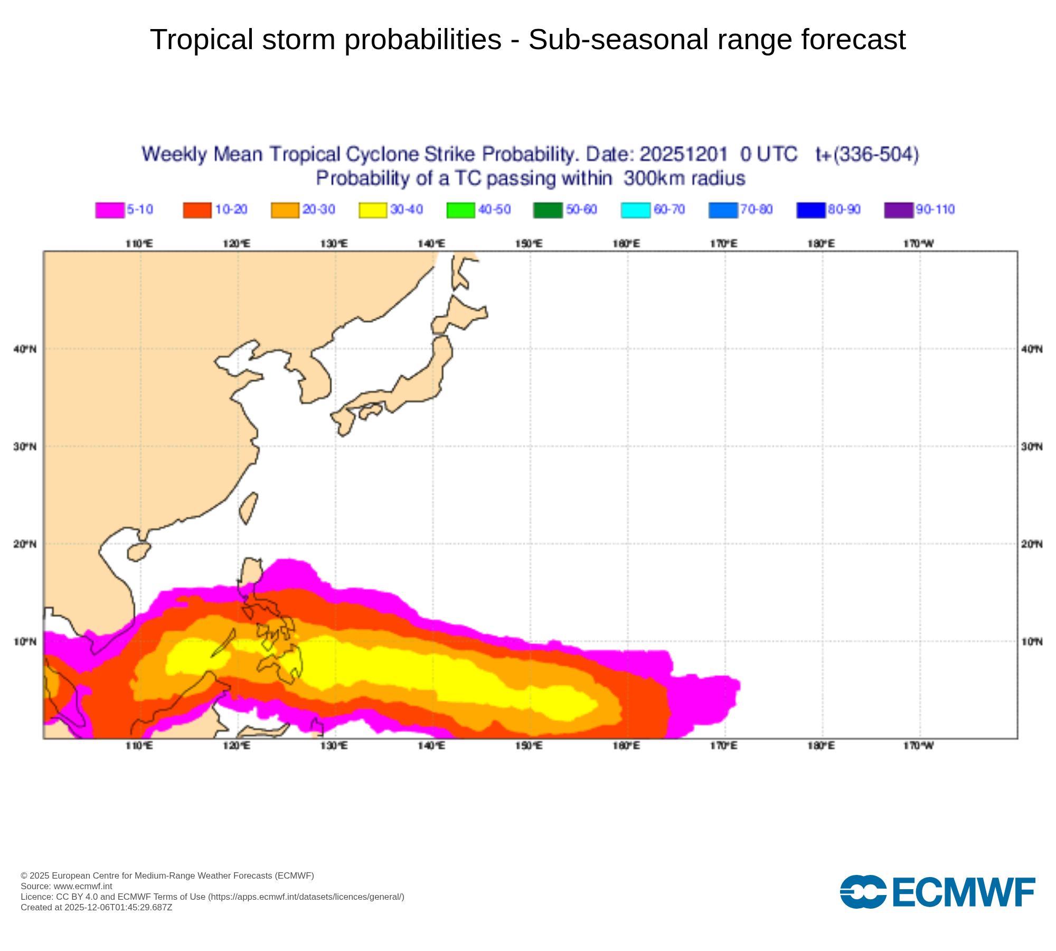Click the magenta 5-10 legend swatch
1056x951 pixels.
point(110,210)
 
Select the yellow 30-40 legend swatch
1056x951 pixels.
point(373,210)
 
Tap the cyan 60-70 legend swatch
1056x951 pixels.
point(635,210)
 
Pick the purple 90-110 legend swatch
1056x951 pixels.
point(898,210)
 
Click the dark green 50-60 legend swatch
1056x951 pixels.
point(548,210)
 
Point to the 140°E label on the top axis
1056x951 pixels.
point(431,244)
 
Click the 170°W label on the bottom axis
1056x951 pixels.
point(919,745)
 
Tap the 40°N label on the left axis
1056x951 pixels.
point(25,349)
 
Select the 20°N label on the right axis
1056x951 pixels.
point(1032,544)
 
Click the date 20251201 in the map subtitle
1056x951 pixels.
point(683,154)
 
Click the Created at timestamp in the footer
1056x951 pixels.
point(96,907)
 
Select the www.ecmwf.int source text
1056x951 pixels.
point(83,886)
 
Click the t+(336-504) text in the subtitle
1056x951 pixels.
point(867,154)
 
